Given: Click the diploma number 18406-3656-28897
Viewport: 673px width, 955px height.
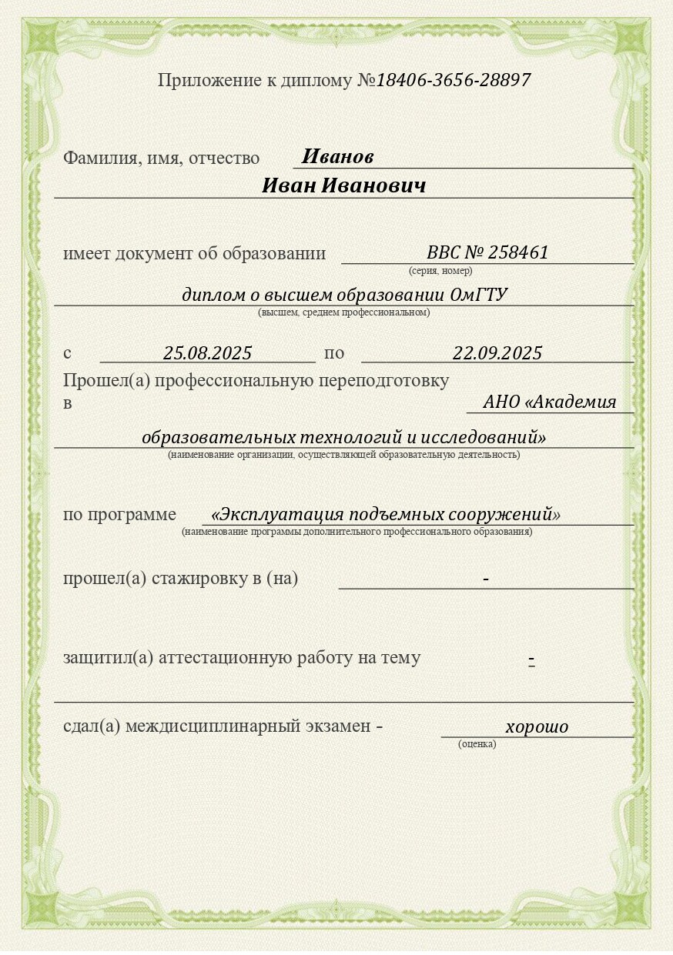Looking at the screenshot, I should click(x=454, y=80).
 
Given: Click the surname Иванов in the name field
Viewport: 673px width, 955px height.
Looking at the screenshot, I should click(x=337, y=157).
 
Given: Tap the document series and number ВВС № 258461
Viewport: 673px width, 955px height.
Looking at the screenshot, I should click(x=487, y=252).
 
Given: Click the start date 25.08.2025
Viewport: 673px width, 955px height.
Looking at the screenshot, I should click(x=208, y=353).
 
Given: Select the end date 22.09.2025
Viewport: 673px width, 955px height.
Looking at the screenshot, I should click(x=497, y=353).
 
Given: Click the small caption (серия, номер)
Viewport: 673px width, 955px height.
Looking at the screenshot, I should click(x=440, y=271).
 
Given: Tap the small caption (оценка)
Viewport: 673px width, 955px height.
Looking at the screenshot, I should click(x=477, y=744).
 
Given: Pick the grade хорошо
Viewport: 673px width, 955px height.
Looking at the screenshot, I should click(x=537, y=726).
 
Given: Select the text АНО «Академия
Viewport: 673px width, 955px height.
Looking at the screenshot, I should click(x=550, y=402).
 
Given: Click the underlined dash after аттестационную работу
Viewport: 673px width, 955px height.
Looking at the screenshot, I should click(x=531, y=659).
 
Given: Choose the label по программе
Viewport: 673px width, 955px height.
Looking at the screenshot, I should click(x=119, y=515).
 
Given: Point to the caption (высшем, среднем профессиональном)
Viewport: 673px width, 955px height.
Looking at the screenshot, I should click(x=343, y=312).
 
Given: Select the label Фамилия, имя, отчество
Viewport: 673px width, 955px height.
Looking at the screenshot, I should click(x=161, y=158).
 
